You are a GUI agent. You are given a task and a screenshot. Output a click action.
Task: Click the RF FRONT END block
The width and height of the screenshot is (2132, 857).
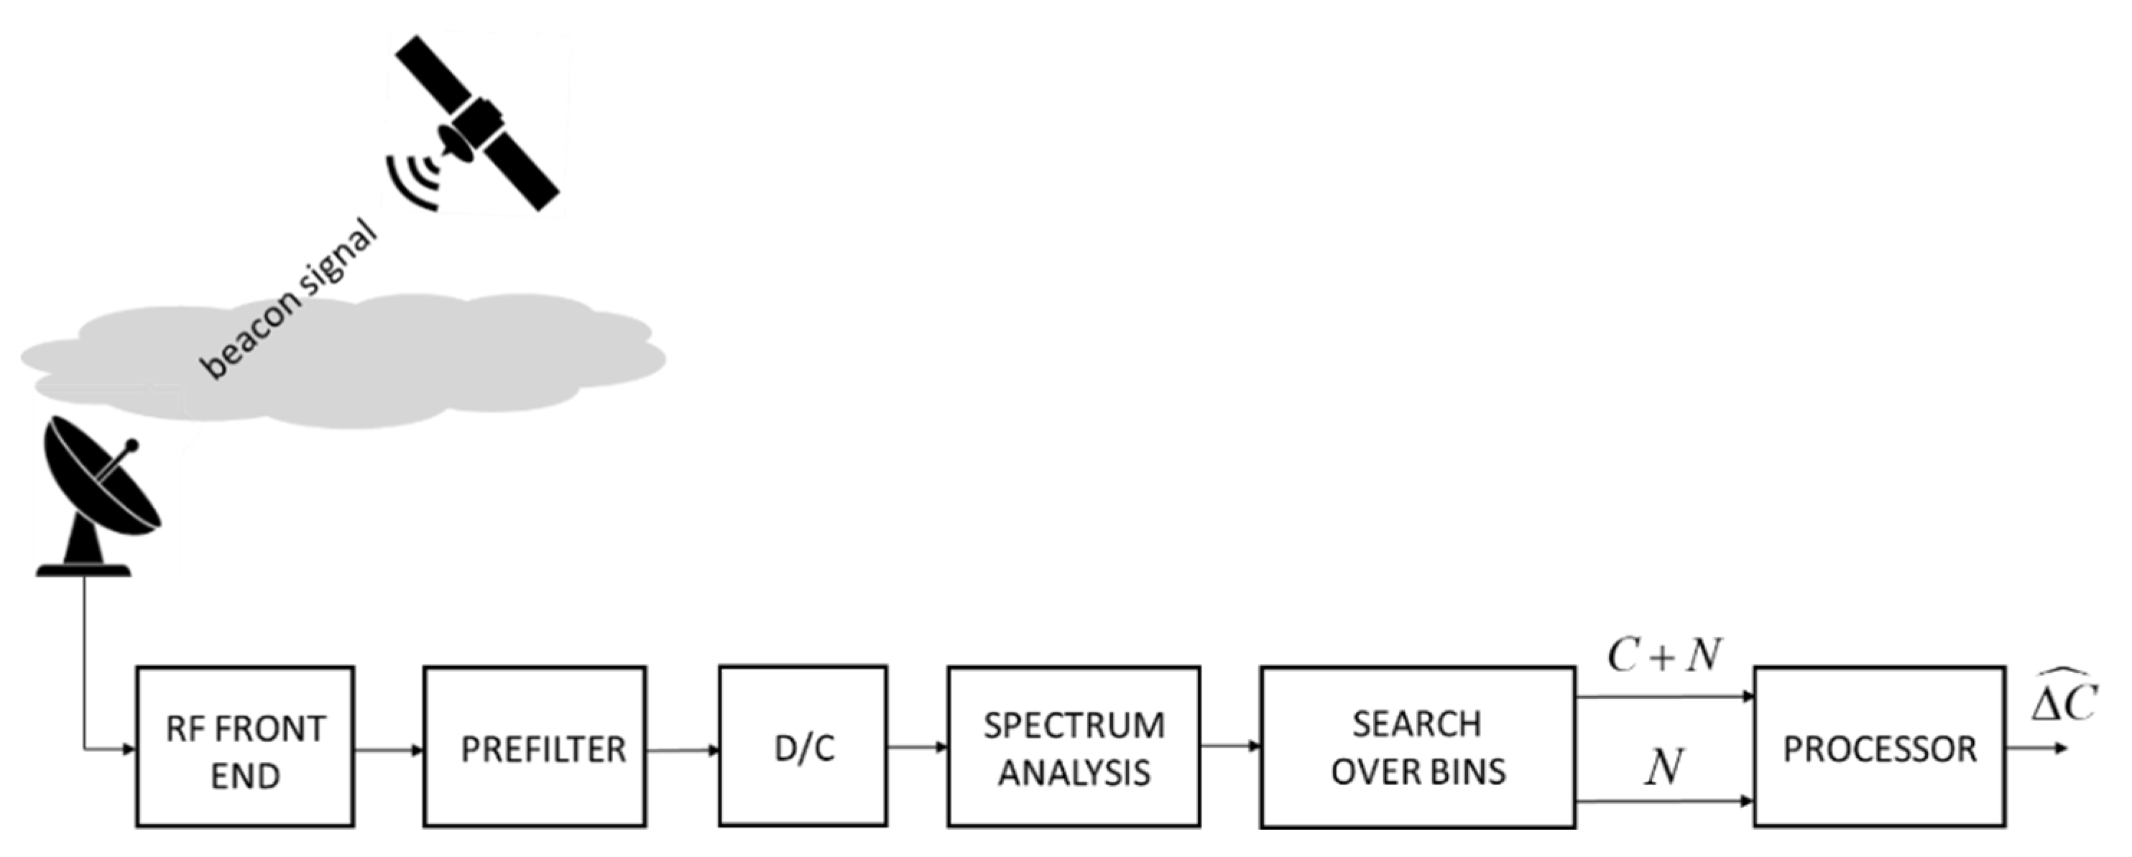click(245, 747)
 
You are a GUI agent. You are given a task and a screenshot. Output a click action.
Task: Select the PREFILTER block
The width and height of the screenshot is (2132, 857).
click(535, 747)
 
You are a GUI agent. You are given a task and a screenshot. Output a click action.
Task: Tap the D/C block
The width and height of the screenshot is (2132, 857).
click(803, 746)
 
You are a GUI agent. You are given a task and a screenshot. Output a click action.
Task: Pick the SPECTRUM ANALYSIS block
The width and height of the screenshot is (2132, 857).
click(1074, 747)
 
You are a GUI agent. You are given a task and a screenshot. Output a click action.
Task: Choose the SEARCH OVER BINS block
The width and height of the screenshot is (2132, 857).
click(1417, 747)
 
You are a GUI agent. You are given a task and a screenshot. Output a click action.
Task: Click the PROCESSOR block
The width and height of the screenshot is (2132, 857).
click(1879, 747)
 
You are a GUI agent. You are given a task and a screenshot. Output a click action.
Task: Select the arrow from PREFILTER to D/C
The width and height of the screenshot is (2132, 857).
click(683, 750)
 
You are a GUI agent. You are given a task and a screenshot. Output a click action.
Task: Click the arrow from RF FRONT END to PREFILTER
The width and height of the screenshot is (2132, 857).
click(389, 750)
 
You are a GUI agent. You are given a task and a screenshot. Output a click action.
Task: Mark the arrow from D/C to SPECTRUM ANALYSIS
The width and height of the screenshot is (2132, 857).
click(917, 747)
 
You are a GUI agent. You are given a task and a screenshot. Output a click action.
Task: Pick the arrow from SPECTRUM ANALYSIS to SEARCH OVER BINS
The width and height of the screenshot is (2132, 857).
click(1230, 746)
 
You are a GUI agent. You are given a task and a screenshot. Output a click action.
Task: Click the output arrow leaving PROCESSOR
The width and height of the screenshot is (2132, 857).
click(2036, 749)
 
